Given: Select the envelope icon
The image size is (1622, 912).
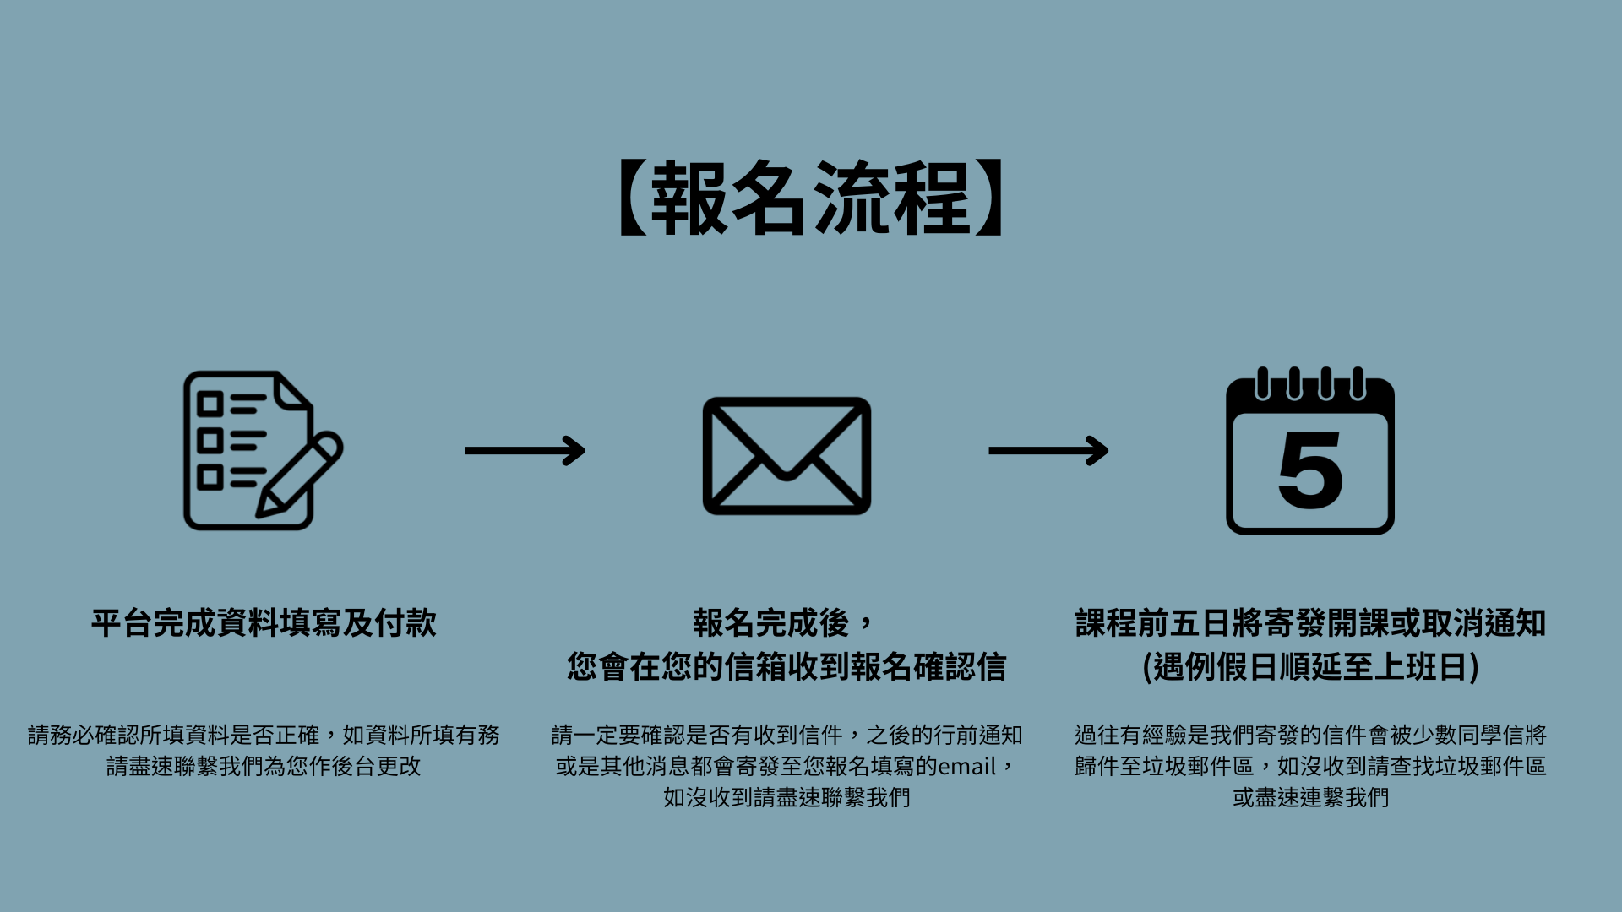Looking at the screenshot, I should pyautogui.click(x=787, y=455).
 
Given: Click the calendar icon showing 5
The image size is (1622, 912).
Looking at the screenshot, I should pyautogui.click(x=1309, y=452).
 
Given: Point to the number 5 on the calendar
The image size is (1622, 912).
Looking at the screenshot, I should pyautogui.click(x=1310, y=470).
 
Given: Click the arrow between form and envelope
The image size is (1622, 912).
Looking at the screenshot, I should pyautogui.click(x=525, y=450).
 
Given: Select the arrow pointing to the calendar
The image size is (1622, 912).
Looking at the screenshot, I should pyautogui.click(x=1048, y=450).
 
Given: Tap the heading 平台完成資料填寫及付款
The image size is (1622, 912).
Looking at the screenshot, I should pyautogui.click(x=264, y=623).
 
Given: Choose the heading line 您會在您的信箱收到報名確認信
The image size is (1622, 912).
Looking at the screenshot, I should pyautogui.click(x=787, y=667).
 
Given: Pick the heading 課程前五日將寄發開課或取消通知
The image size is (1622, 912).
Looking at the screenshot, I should pyautogui.click(x=1310, y=623).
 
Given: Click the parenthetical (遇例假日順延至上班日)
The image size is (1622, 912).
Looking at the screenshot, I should pyautogui.click(x=1310, y=667).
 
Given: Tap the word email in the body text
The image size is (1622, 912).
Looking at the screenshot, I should pyautogui.click(x=967, y=767).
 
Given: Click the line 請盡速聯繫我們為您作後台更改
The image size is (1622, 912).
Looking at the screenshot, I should pyautogui.click(x=264, y=767).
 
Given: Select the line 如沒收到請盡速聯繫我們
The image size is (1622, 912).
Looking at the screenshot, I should pyautogui.click(x=787, y=798).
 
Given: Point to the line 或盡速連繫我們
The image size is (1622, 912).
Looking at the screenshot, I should pyautogui.click(x=1310, y=798).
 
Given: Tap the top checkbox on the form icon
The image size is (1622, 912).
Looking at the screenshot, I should pyautogui.click(x=210, y=404).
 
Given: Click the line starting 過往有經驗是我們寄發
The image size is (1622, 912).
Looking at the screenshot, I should pyautogui.click(x=1310, y=736).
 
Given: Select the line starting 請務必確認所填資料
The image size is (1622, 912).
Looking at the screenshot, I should pyautogui.click(x=264, y=736).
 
